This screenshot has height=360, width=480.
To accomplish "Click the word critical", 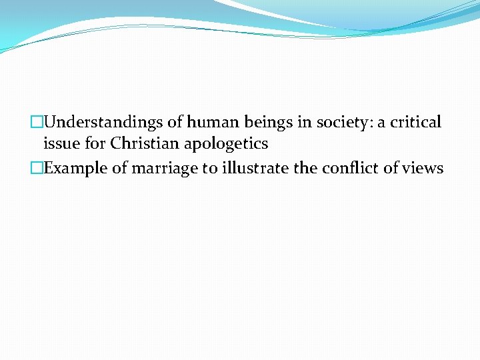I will [x=415, y=123].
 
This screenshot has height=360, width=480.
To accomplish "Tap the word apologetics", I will [x=231, y=144].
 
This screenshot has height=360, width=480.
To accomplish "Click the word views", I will [x=421, y=169].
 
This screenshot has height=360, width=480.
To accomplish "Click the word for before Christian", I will [x=95, y=143].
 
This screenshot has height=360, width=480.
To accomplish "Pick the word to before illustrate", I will [x=210, y=169].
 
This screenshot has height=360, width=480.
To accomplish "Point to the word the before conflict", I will [x=305, y=168].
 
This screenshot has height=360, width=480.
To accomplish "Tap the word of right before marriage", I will [x=119, y=168].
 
